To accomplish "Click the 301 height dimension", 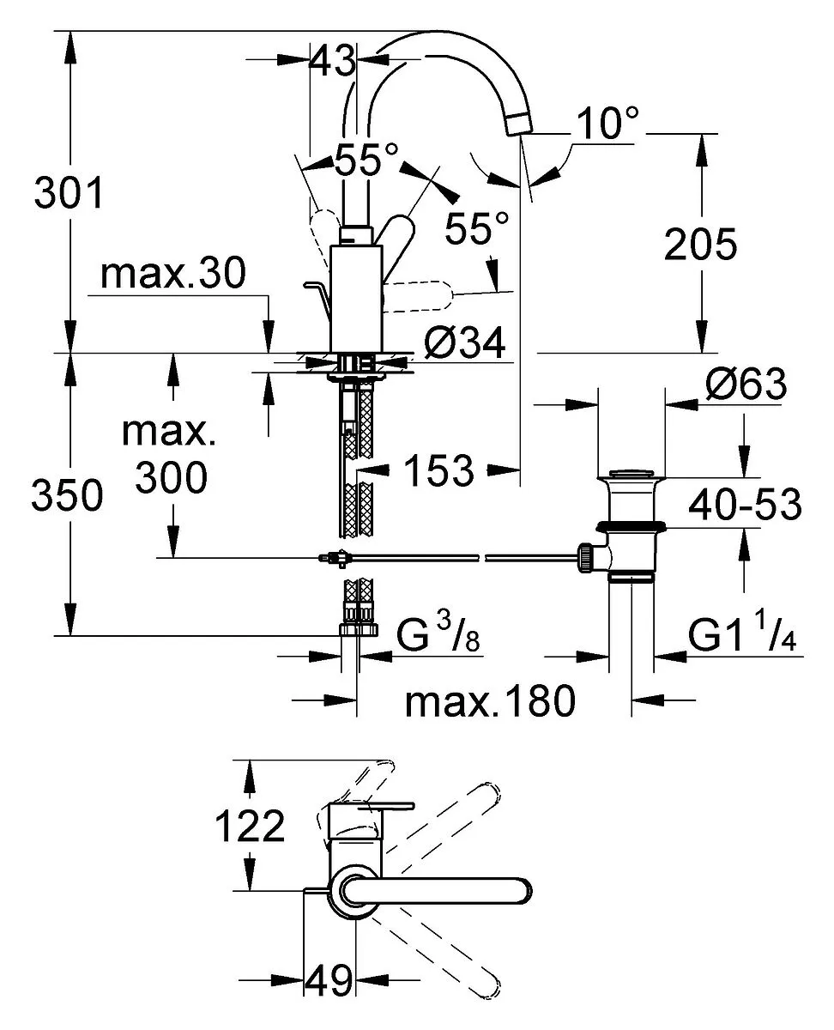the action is click(69, 192).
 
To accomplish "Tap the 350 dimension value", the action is click(67, 495).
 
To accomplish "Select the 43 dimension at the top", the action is click(333, 60).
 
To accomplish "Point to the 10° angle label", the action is click(607, 123).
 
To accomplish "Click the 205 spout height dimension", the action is click(700, 245).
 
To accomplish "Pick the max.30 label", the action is click(173, 274).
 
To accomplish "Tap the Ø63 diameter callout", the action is click(746, 384).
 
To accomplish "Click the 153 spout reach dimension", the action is click(438, 470).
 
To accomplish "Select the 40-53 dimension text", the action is click(745, 505).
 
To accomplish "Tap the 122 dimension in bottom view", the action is click(250, 826).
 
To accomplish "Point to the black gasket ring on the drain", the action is click(631, 526).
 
